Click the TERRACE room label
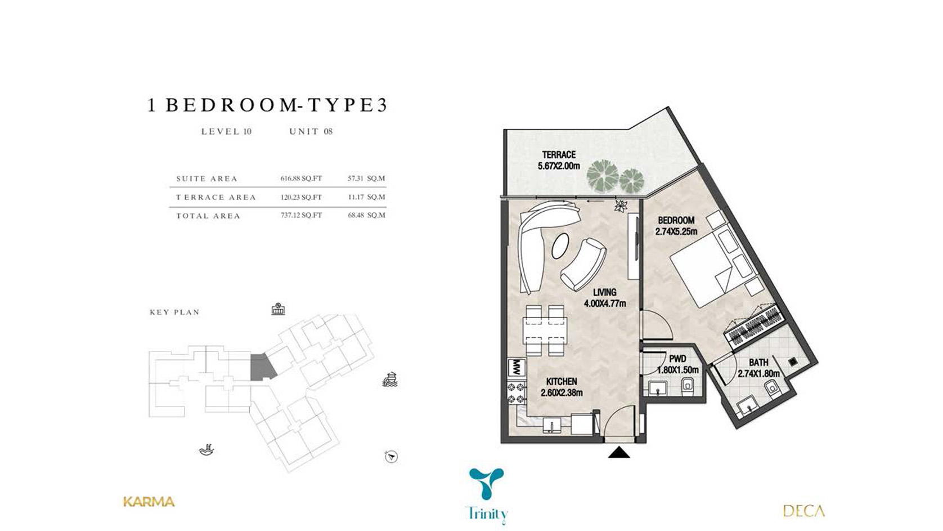click(x=559, y=155)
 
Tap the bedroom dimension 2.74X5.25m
click(x=676, y=231)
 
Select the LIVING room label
click(x=605, y=292)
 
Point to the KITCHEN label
click(x=562, y=381)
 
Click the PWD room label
click(x=678, y=359)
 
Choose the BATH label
click(x=758, y=363)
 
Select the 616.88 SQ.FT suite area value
click(x=301, y=179)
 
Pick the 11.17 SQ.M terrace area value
click(x=366, y=197)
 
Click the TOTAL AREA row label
click(x=208, y=216)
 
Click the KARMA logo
click(x=149, y=502)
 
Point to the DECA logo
click(x=803, y=511)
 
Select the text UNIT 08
click(x=311, y=132)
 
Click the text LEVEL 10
click(x=227, y=132)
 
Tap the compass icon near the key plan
click(x=391, y=457)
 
